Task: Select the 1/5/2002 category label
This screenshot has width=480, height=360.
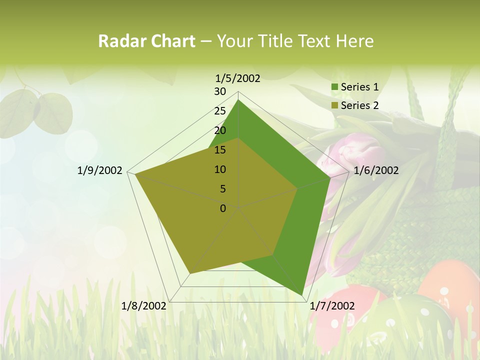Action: [x=238, y=78]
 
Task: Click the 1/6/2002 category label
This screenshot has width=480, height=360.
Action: [x=376, y=170]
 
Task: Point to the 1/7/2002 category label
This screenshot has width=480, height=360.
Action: [x=332, y=306]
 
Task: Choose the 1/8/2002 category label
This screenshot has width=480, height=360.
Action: [x=144, y=306]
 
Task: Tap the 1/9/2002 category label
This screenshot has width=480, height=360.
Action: [x=100, y=170]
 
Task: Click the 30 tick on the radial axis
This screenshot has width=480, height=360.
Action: [x=220, y=91]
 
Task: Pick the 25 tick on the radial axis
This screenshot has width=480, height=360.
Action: [x=220, y=111]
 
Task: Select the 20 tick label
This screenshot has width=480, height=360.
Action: [x=220, y=130]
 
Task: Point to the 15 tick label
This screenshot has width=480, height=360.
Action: [x=220, y=150]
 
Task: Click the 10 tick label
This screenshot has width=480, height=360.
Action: [x=220, y=169]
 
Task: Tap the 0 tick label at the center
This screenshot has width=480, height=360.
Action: [x=223, y=208]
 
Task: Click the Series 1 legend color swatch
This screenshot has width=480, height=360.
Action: [x=334, y=87]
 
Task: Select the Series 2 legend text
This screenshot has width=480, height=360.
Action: [x=359, y=105]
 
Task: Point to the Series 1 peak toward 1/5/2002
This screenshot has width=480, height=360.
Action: [x=238, y=100]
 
